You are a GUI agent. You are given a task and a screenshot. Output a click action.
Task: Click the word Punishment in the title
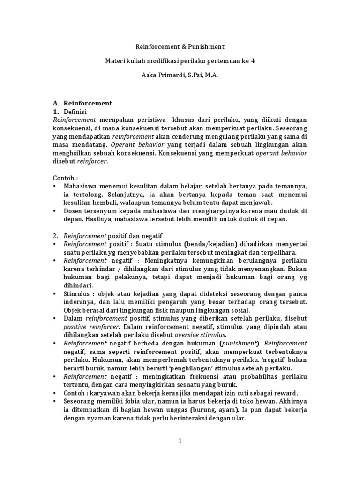pyautogui.click(x=206, y=47)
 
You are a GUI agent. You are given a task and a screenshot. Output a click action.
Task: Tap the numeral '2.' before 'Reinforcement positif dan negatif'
pyautogui.click(x=55, y=236)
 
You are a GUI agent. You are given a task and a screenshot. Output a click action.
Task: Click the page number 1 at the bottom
pyautogui.click(x=180, y=441)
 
